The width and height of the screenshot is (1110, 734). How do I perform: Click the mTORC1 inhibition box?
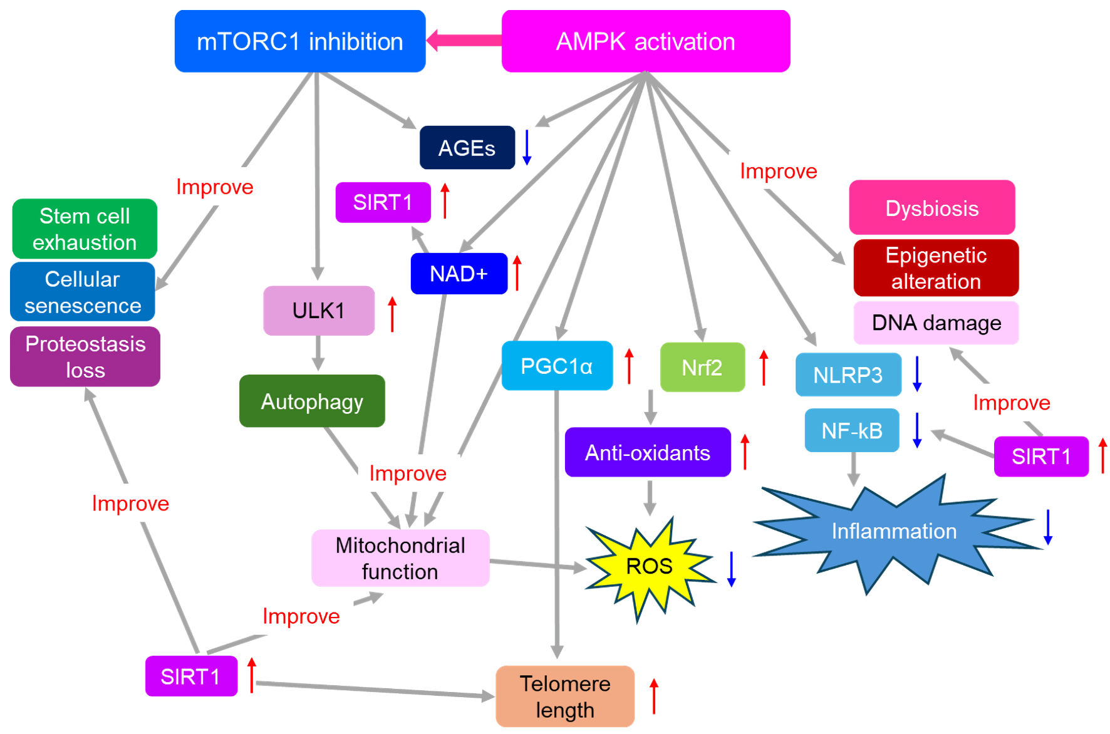300,41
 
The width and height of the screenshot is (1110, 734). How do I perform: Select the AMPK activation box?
645,41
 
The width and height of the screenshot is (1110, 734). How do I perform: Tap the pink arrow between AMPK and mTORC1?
464,41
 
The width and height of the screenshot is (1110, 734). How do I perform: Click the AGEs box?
467,148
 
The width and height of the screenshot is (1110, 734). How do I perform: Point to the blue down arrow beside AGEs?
527,148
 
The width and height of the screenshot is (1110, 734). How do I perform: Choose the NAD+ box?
459,274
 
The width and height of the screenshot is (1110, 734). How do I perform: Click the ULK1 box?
318,311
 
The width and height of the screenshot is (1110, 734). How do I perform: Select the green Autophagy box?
312,401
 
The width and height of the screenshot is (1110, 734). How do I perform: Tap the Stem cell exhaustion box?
85,229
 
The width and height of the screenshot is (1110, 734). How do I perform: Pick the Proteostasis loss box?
85,357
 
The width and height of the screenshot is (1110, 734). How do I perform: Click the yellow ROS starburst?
649,567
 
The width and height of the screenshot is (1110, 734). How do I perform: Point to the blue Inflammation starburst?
894,532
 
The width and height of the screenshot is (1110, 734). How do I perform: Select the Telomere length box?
565,696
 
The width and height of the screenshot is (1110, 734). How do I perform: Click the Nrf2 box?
702,367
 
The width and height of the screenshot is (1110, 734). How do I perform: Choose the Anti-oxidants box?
648,452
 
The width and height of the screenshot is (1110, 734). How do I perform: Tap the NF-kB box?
852,431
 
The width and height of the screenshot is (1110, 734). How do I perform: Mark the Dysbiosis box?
931,208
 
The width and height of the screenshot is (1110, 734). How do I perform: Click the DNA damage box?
936,323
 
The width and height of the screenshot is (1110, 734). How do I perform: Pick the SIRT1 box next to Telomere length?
191,676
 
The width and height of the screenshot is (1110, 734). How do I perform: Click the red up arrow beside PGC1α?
629,366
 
